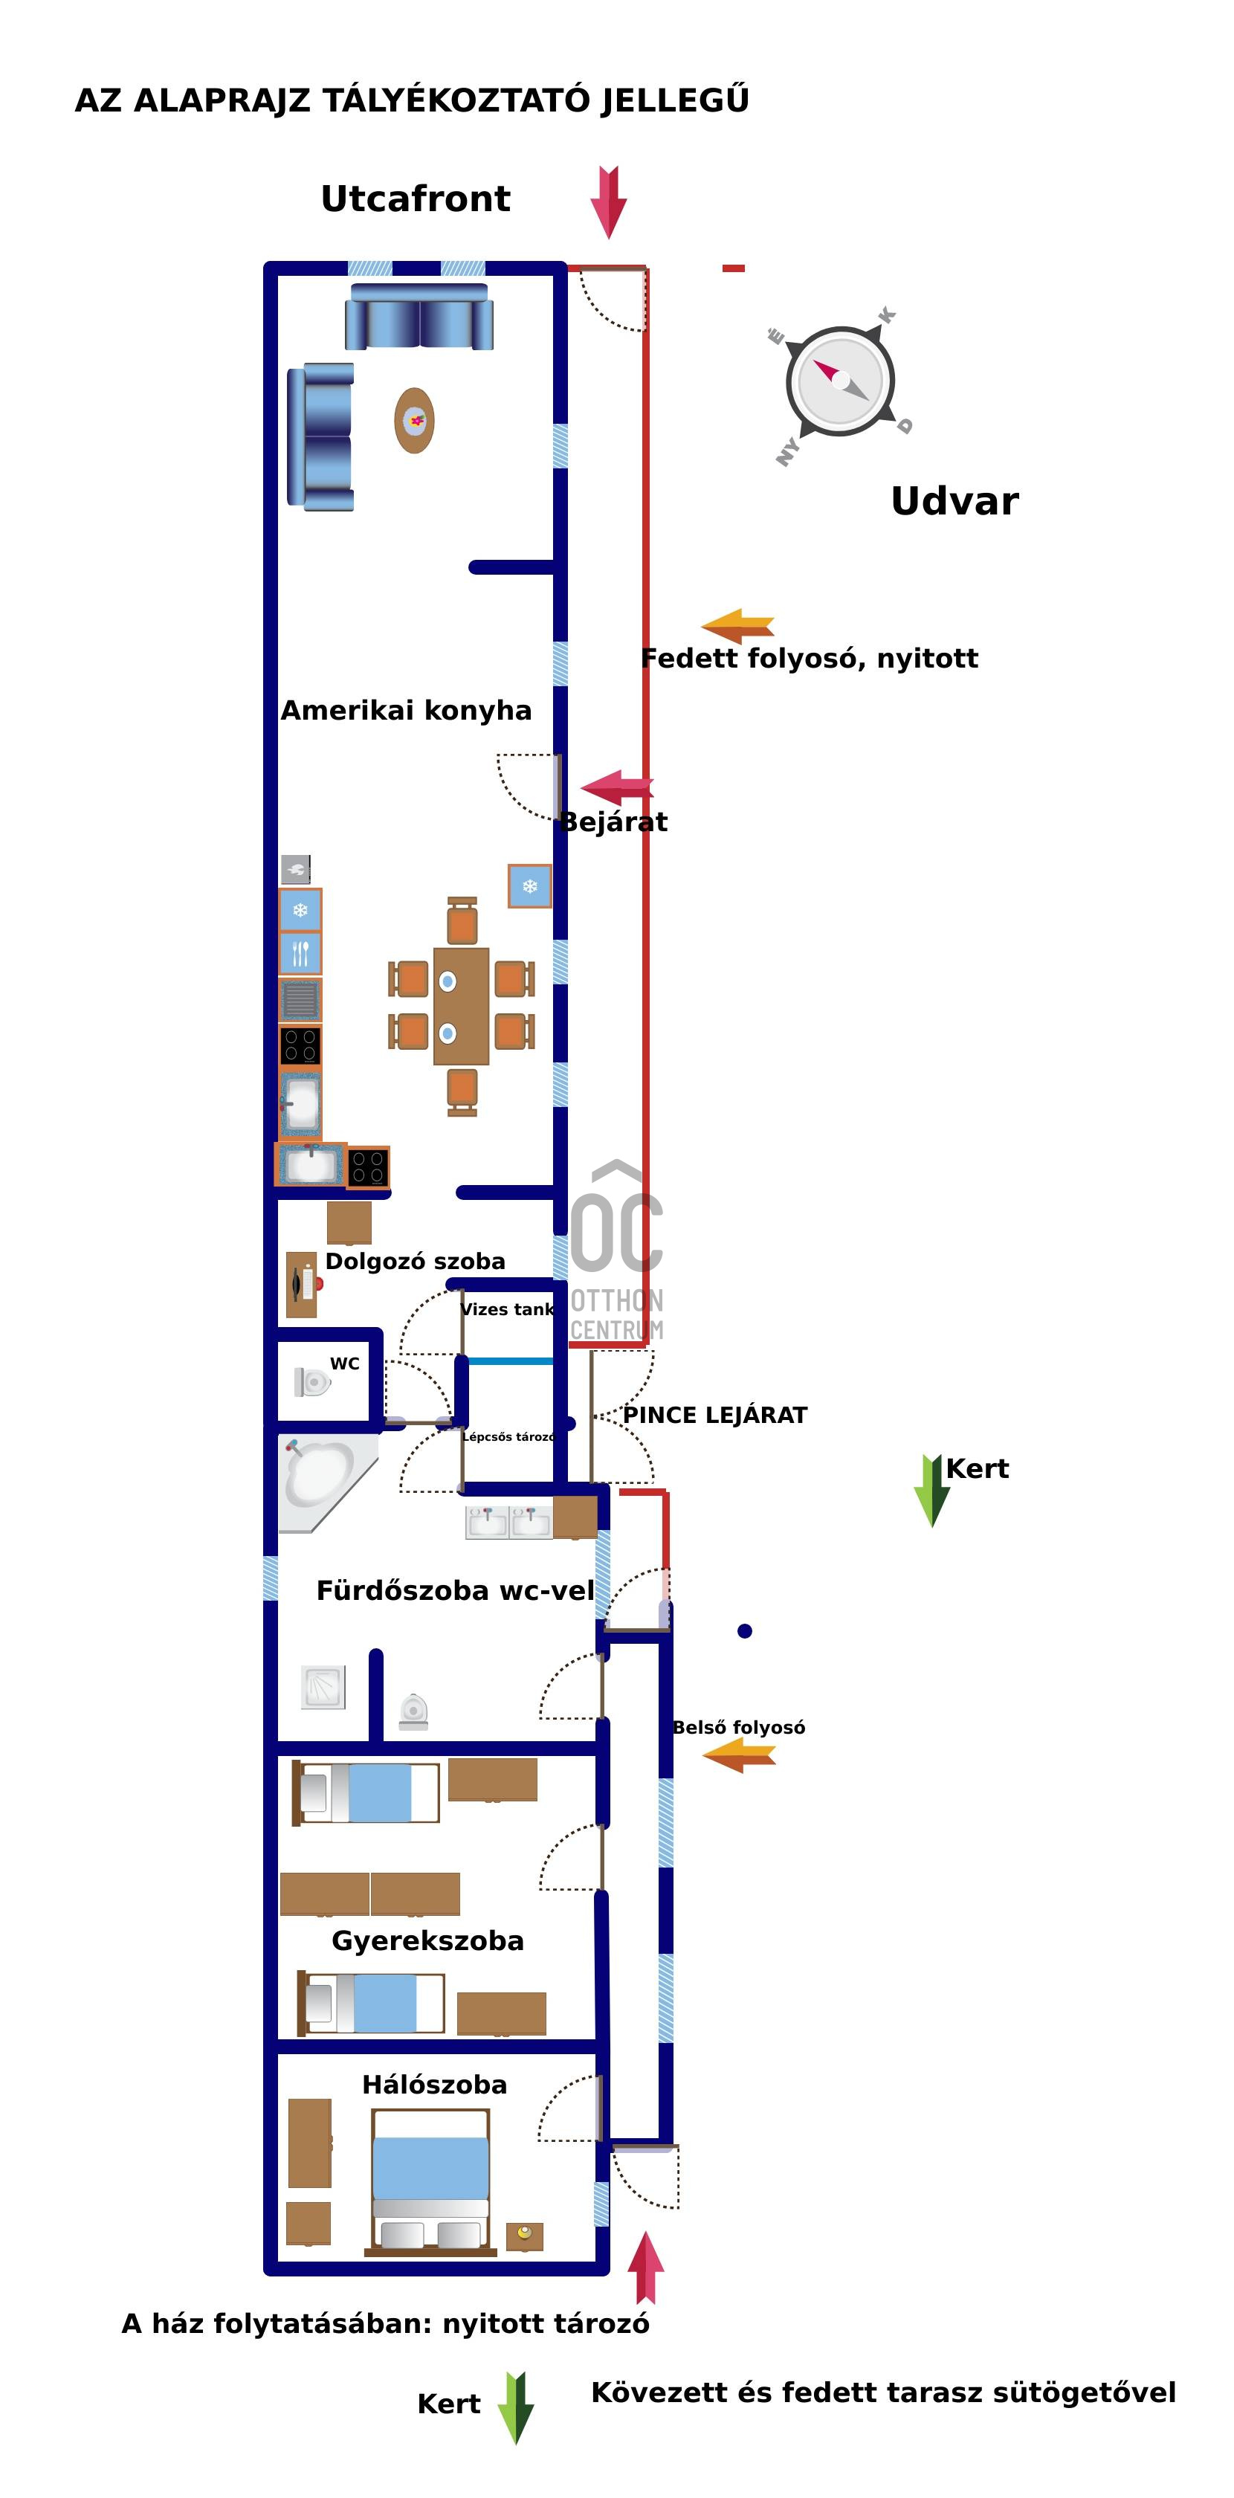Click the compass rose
(x=839, y=381)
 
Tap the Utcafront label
(x=415, y=199)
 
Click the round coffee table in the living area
(x=414, y=421)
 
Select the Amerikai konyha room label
(x=406, y=711)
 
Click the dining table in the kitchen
(x=462, y=1007)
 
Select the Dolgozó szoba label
(x=415, y=1262)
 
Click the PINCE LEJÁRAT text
(x=714, y=1416)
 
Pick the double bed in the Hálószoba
(x=430, y=2193)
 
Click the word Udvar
(x=954, y=501)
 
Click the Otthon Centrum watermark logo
(x=616, y=1251)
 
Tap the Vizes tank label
(x=507, y=1310)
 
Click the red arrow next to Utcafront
(x=608, y=201)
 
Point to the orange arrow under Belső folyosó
(x=739, y=1755)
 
